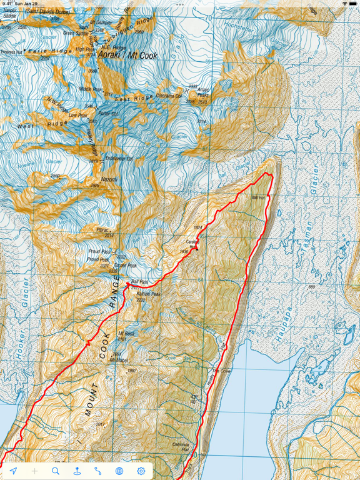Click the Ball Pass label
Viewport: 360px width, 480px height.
pos(140,282)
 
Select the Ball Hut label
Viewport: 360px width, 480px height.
pos(258,197)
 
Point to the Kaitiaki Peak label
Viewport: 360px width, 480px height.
pos(149,294)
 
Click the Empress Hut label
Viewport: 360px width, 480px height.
pos(11,52)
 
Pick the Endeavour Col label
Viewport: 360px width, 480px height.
pos(121,159)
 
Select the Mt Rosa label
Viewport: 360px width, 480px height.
pos(127,334)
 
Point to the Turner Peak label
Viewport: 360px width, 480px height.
pos(129,265)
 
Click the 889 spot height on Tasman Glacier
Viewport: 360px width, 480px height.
pos(312,288)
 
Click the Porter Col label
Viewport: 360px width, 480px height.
pos(108,114)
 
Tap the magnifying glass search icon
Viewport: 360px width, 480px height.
pos(56,471)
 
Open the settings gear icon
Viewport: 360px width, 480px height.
pos(141,471)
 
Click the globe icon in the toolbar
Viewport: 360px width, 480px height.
pos(119,471)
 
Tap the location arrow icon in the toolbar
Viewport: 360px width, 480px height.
pos(12,471)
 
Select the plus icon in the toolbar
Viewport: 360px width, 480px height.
pos(34,471)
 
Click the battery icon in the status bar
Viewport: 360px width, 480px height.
pos(352,4)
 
